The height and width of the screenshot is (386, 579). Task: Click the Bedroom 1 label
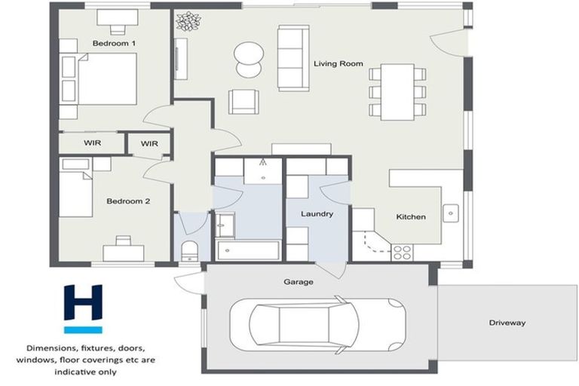[x=114, y=44]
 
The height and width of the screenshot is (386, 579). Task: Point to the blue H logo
[x=82, y=308]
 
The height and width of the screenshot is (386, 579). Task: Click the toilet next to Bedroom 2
[x=189, y=250]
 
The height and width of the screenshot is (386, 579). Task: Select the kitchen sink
[x=452, y=213]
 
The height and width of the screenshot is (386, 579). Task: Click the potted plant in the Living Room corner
[x=185, y=21]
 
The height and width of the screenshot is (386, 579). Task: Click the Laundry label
[x=317, y=214]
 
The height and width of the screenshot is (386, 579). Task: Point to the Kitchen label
[x=411, y=217]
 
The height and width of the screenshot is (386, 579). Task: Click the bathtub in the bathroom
[x=247, y=250]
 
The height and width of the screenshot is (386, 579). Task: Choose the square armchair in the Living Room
[x=243, y=101]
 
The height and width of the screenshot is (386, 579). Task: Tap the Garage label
[x=298, y=282]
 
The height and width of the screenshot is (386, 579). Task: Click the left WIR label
[x=92, y=142]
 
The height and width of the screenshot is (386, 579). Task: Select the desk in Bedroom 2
[x=123, y=252]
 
